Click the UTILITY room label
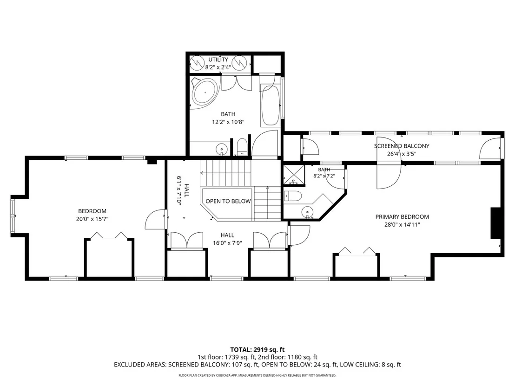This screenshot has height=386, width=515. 218,60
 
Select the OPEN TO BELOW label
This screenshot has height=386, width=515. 228,201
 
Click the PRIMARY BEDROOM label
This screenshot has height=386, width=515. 402,216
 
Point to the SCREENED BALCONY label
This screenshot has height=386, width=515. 402,146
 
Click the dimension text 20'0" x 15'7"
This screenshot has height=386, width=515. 92,219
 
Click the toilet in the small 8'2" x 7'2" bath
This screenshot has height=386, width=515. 293,196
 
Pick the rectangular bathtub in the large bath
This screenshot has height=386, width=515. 271,106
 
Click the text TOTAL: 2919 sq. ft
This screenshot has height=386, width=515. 257,350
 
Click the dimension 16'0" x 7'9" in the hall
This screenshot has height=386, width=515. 227,243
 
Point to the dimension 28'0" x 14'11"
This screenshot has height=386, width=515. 402,225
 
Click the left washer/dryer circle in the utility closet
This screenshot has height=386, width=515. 198,62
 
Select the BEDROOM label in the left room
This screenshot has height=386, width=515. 92,211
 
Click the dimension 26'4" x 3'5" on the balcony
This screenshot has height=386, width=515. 402,154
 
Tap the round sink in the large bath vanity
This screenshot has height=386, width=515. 222,150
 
